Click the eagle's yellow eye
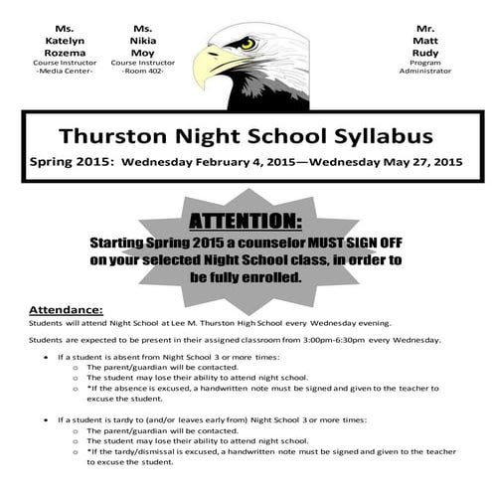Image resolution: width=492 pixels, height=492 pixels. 247,44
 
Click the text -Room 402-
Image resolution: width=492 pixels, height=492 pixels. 142,73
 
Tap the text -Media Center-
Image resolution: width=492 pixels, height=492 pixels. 65,73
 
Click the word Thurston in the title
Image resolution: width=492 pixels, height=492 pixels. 109,135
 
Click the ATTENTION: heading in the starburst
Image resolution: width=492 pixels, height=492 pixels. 246,220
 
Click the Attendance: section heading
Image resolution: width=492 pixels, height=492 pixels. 66,309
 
